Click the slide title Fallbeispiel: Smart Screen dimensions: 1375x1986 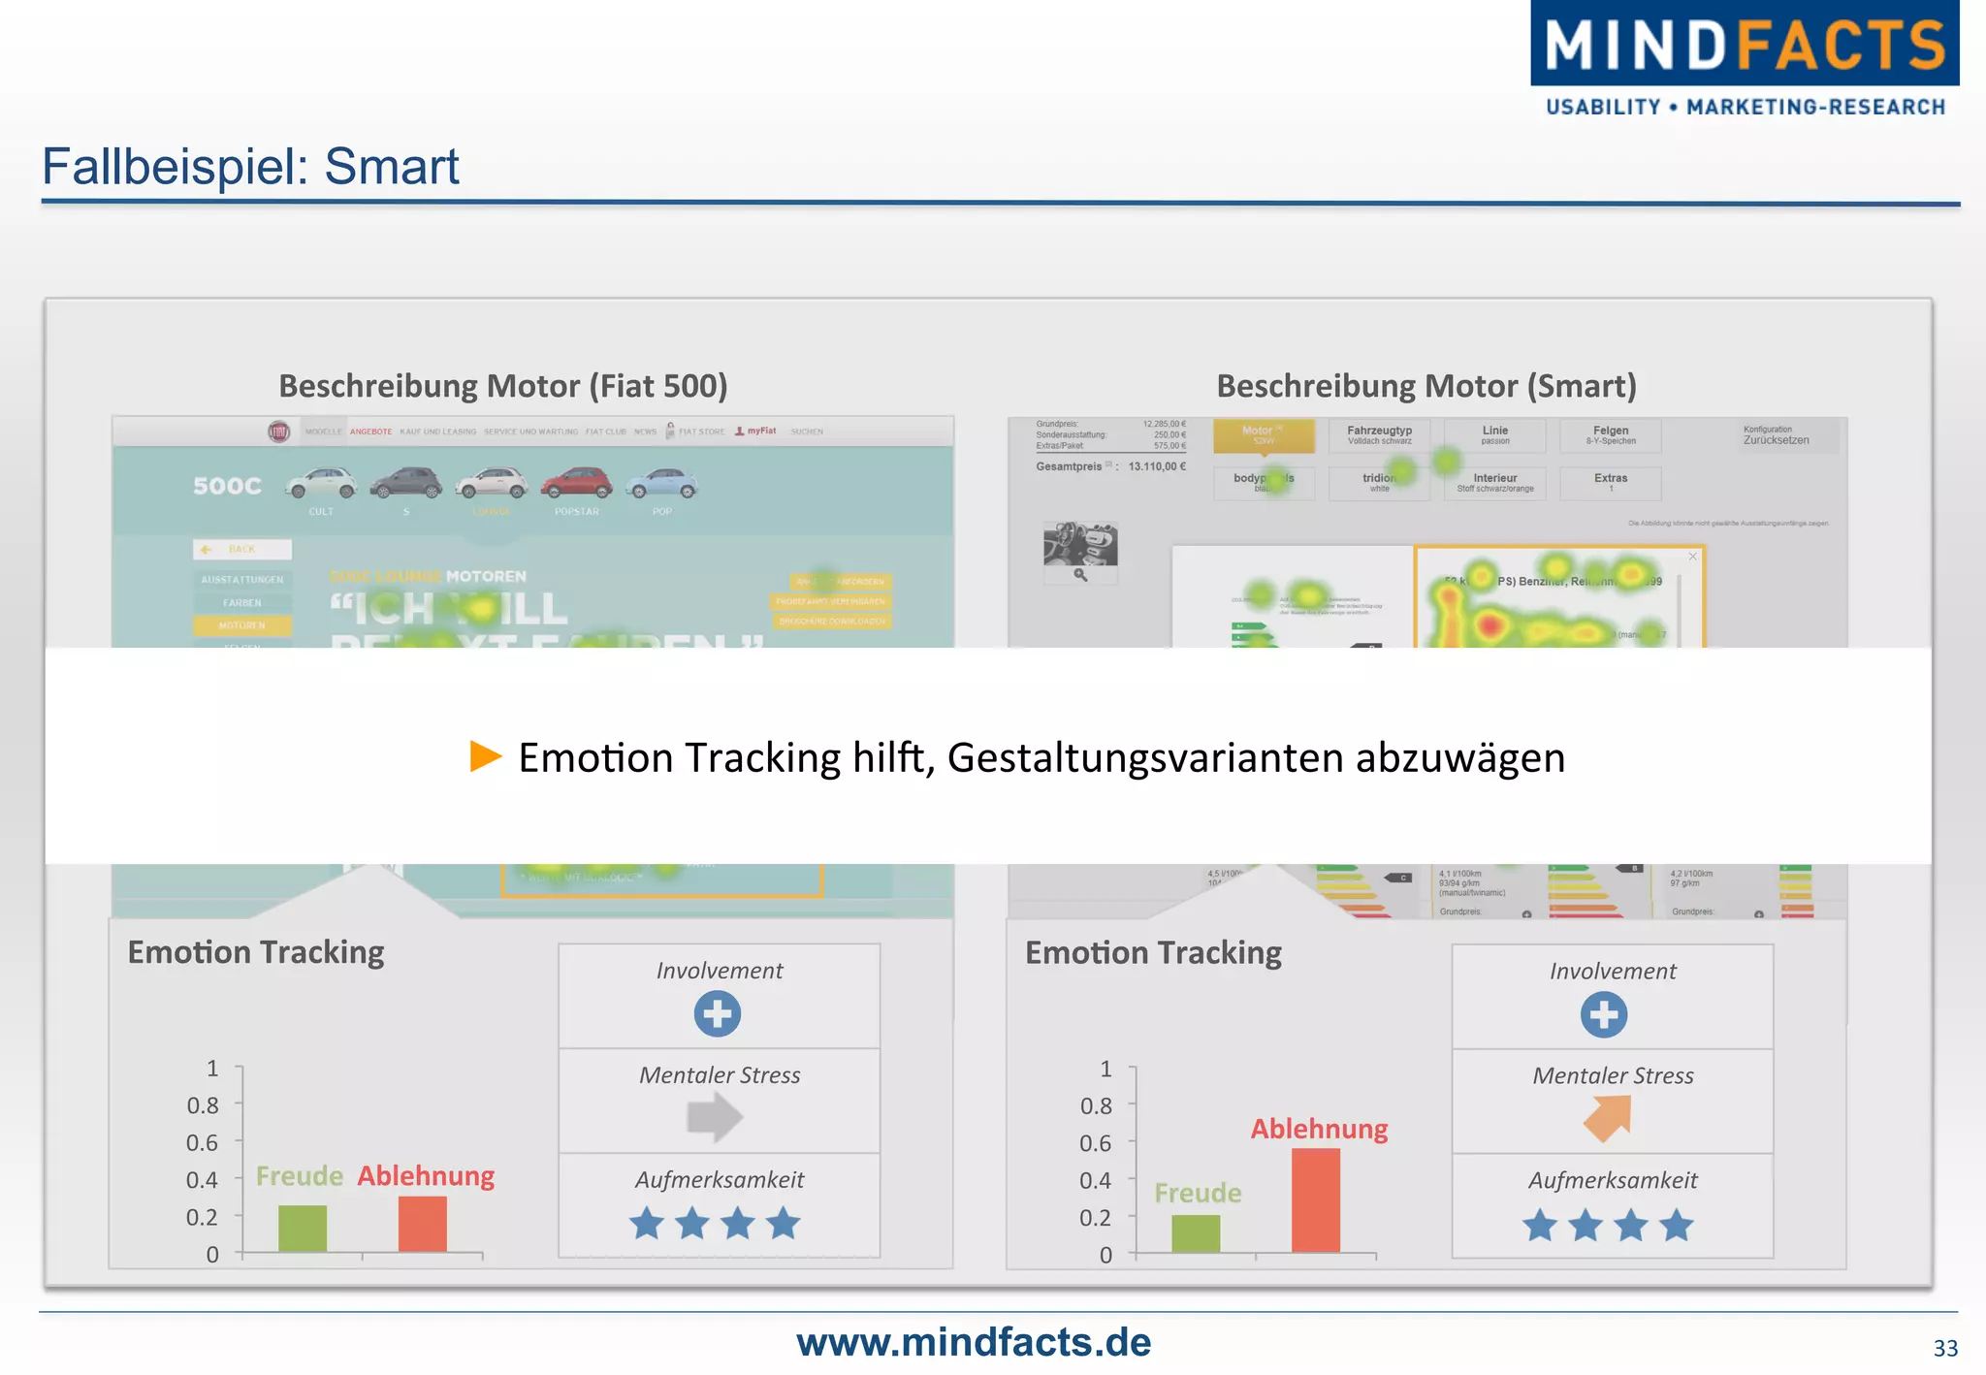pos(250,166)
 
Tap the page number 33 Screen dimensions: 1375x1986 pos(1945,1348)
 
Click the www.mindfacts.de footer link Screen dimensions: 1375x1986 pos(974,1342)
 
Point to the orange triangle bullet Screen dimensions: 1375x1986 pos(485,756)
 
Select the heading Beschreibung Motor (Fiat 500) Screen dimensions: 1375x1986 pos(502,386)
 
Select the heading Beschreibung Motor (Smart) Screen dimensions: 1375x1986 pos(1425,386)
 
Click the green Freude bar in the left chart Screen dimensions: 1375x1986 pos(303,1229)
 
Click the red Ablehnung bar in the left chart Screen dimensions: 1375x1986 pos(423,1224)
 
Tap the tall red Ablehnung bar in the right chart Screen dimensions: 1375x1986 pos(1316,1200)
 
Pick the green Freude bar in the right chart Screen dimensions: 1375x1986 pos(1196,1233)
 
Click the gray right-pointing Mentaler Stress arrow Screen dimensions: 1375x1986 pos(715,1117)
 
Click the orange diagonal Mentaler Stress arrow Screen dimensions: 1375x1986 pos(1609,1118)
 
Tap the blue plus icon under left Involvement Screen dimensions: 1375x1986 pos(718,1014)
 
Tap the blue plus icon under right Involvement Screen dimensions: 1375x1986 pos(1604,1015)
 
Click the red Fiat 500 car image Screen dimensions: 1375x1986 pos(576,483)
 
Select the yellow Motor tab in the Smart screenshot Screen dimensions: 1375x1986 pos(1264,435)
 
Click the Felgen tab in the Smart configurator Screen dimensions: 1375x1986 pos(1611,435)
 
